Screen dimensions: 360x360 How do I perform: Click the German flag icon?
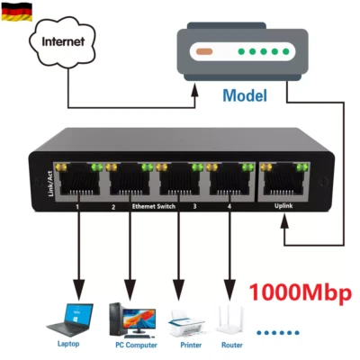tap(16, 11)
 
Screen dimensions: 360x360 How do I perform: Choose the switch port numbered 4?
tap(232, 183)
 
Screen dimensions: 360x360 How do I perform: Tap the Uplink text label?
tap(284, 207)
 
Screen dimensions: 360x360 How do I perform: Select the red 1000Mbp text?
tap(299, 292)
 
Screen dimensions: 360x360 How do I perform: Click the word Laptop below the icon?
tap(70, 343)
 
